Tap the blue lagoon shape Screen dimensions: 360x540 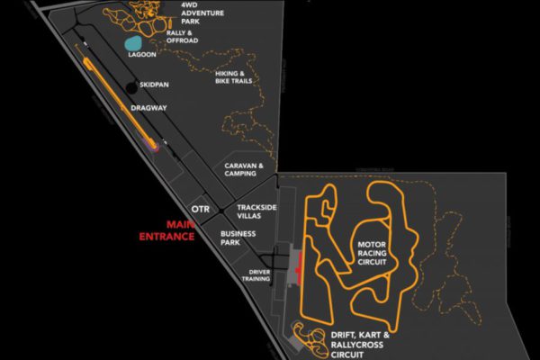133,43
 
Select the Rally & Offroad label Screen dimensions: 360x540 182,38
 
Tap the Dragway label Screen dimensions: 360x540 148,107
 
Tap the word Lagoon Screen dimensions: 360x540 142,54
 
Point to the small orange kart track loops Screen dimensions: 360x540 311,341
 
